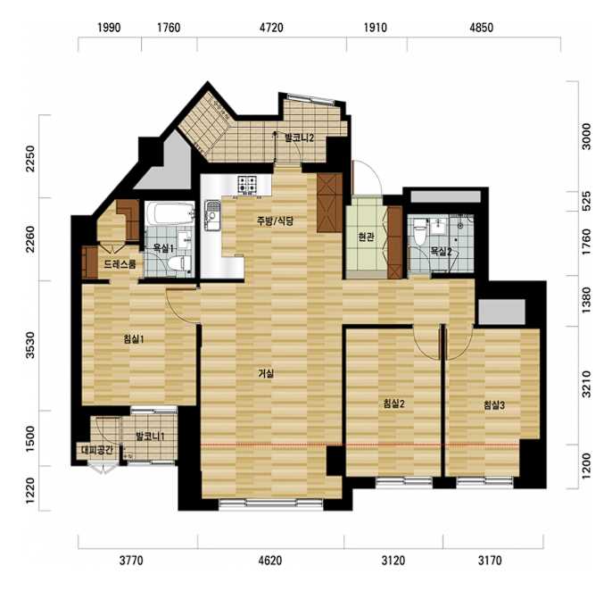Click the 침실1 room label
tap(134, 339)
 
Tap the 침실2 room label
tap(393, 403)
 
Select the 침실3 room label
tap(493, 405)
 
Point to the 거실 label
tap(266, 373)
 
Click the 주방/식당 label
tap(275, 221)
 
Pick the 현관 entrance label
tap(366, 237)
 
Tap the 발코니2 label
tap(300, 137)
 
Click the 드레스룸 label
tap(120, 264)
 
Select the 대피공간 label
tap(97, 450)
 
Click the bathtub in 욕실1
tap(170, 213)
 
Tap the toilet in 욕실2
tap(420, 231)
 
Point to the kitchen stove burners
tap(247, 184)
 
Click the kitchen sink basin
tap(212, 215)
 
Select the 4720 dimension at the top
tap(271, 28)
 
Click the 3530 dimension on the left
tap(30, 345)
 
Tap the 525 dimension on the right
tap(586, 202)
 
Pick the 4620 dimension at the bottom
tap(270, 561)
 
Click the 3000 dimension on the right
tap(586, 137)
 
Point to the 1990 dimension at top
tap(109, 28)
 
